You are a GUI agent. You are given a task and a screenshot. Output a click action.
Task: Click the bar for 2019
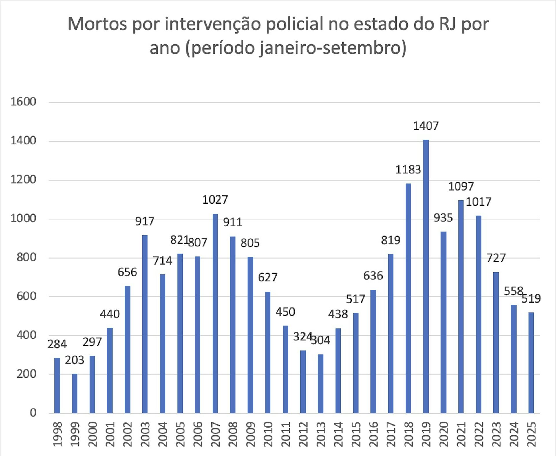426,276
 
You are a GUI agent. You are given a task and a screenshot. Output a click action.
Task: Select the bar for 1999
75,393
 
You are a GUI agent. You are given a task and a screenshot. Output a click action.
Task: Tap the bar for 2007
215,313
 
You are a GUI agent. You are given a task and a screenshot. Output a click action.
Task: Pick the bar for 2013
321,384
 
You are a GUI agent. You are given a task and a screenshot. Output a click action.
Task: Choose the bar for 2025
531,362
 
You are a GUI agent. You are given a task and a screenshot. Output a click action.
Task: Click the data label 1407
426,126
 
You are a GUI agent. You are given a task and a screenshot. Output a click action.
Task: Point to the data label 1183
408,170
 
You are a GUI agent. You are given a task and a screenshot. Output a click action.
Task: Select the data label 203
74,360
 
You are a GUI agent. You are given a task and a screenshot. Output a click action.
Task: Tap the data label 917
145,221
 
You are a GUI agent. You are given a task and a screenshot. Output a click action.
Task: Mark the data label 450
285,312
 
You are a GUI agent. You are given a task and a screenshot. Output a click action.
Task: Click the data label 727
496,258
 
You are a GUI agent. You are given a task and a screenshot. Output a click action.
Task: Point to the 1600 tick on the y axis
23,102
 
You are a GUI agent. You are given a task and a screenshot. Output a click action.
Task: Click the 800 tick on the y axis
26,257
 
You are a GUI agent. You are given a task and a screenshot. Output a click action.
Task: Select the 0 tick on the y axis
33,413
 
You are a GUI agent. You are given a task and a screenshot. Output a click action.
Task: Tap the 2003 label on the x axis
145,434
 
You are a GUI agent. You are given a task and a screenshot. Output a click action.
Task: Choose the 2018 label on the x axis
408,434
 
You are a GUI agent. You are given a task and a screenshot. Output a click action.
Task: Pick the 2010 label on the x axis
268,434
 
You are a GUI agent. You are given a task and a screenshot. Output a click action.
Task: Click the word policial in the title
294,24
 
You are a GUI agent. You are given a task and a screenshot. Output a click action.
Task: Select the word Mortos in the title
97,24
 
